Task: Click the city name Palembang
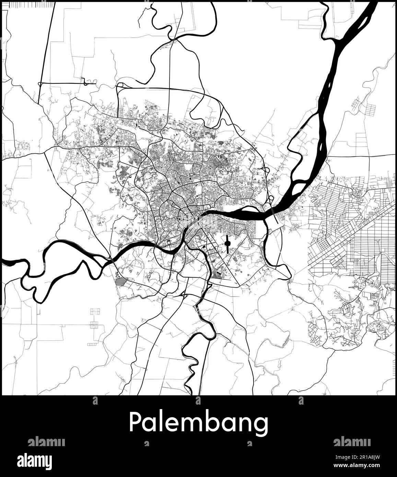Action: coord(198,423)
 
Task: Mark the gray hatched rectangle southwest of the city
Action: coord(121,282)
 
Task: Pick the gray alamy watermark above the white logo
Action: coord(46,442)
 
